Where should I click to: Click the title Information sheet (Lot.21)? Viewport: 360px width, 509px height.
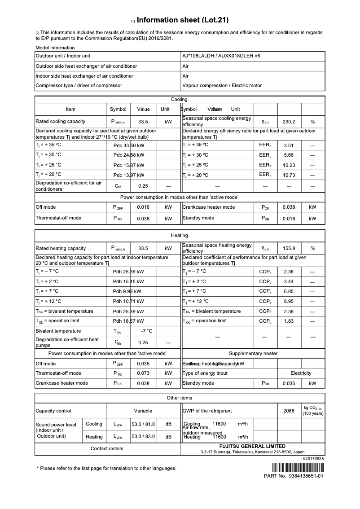tap(183, 20)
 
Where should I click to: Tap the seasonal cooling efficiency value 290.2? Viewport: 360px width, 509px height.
tap(289, 122)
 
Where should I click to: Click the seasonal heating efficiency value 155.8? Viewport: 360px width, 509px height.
tap(289, 248)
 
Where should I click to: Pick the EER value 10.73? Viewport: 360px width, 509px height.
tap(289, 175)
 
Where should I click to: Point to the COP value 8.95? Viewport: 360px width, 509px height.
tap(289, 302)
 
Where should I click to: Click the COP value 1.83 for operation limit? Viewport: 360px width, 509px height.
tap(289, 321)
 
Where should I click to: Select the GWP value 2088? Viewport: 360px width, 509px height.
tap(289, 411)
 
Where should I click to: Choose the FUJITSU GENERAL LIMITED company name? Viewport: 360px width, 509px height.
tap(252, 446)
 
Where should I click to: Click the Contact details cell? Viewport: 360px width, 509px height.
tap(107, 448)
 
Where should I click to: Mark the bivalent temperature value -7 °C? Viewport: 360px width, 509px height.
tap(147, 331)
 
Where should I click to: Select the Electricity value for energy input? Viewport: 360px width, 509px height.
tap(301, 373)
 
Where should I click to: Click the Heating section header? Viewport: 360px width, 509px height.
tap(180, 235)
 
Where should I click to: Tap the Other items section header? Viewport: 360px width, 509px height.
tap(180, 398)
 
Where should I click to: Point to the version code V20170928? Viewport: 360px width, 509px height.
tap(313, 459)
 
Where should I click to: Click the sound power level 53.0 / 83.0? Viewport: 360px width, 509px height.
tap(143, 437)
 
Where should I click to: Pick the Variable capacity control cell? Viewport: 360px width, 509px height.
tap(143, 411)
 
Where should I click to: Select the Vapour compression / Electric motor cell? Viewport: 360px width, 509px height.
tap(222, 85)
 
